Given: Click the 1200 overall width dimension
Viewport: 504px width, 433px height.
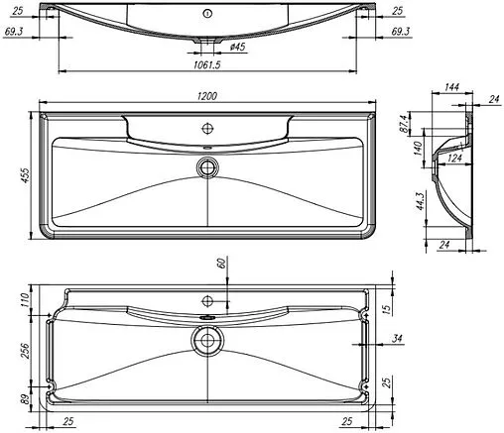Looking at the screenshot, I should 208,95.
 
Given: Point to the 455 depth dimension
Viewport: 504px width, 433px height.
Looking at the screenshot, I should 27,176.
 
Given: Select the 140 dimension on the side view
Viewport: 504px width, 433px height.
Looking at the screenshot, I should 419,149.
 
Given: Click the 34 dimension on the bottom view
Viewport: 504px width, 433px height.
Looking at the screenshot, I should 397,340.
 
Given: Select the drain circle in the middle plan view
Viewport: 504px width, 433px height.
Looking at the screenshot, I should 207,165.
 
